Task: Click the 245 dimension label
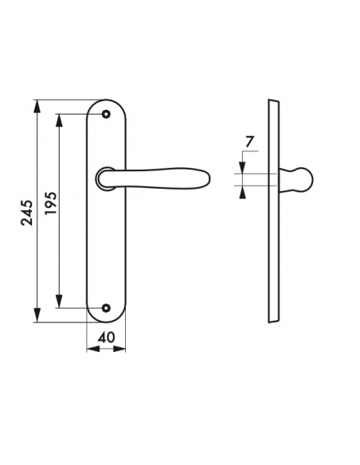[27, 213]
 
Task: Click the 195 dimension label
[50, 204]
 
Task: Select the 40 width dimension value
[106, 337]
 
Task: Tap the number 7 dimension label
[249, 142]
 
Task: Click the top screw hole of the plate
[106, 114]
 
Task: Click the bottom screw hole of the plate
[106, 308]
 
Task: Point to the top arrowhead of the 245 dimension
[37, 106]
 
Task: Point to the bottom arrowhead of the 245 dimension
[37, 315]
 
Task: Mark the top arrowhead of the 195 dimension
[59, 120]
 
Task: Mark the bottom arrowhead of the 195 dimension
[59, 302]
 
